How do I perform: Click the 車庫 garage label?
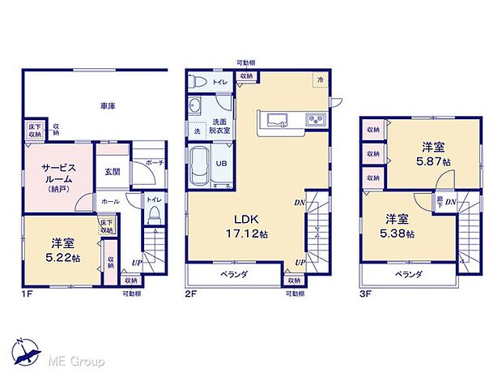click(106, 105)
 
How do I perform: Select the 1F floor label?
click(26, 293)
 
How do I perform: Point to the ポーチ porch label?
click(155, 162)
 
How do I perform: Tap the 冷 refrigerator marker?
click(321, 80)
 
